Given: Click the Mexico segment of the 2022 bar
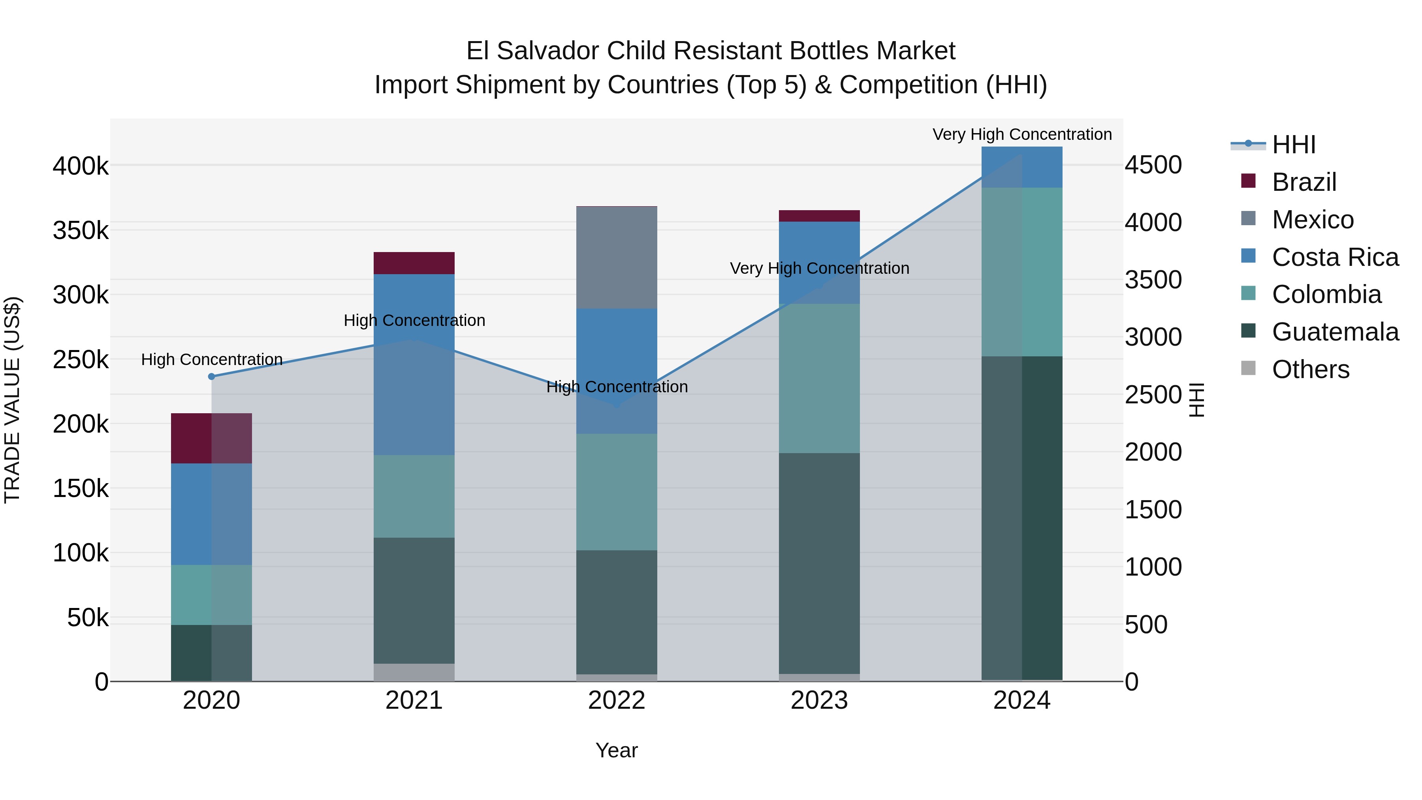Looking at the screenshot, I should click(617, 257).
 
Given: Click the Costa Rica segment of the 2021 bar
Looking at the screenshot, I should click(414, 364).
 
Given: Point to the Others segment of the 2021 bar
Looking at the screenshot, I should click(414, 672).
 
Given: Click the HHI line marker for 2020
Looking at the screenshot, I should click(211, 376).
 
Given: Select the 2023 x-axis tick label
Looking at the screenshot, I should click(819, 700).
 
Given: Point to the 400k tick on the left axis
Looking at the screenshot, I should click(81, 166).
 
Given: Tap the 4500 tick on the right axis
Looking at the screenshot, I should click(1153, 165).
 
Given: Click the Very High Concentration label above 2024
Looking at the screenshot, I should click(1022, 134).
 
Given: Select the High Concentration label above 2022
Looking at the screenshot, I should click(617, 386).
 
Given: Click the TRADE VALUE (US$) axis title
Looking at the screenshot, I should click(12, 400).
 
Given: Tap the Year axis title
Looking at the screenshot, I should click(617, 750).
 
